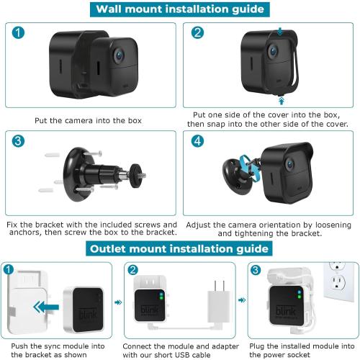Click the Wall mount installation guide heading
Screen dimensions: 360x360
point(179,10)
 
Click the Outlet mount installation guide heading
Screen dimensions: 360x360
point(179,248)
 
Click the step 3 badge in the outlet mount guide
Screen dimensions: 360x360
point(255,271)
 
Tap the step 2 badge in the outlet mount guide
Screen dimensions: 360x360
point(133,271)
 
